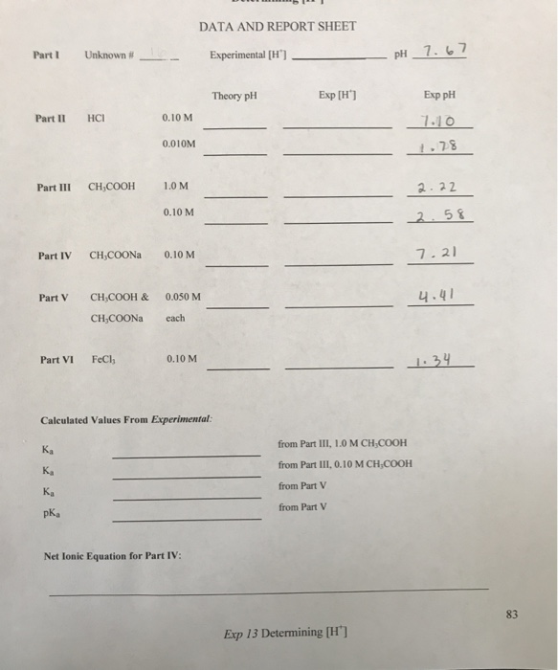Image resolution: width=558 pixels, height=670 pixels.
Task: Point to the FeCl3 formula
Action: [102, 360]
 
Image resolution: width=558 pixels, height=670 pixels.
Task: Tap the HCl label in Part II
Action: [96, 119]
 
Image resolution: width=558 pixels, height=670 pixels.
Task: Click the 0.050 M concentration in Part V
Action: [183, 297]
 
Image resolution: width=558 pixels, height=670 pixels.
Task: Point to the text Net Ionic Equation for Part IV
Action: [113, 557]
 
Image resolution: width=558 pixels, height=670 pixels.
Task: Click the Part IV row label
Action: [55, 257]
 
